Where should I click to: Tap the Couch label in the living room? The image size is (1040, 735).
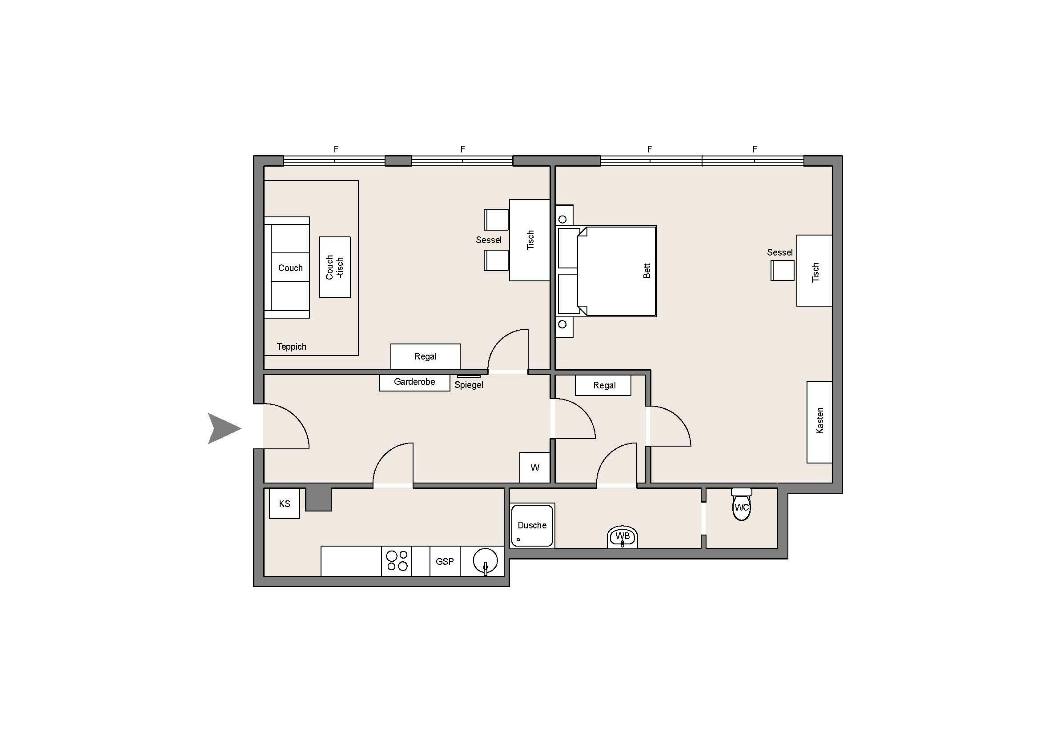[290, 268]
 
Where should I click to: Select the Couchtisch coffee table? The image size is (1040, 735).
[335, 267]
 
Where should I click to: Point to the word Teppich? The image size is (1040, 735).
[291, 347]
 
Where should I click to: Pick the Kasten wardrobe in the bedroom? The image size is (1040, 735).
[819, 422]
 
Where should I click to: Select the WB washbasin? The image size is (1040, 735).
[622, 537]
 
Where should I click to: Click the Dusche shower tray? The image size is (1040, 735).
[532, 525]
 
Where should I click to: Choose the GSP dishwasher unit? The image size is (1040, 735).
[445, 561]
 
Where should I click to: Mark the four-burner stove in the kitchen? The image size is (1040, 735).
[396, 561]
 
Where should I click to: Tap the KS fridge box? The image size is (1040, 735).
[285, 503]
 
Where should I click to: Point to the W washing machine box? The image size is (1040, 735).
[534, 467]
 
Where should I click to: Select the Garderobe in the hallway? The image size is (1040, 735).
[414, 383]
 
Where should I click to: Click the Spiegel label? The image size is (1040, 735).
[469, 385]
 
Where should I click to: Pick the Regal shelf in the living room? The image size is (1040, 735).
[426, 356]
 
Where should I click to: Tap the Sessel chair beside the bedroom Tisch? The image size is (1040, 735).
[782, 270]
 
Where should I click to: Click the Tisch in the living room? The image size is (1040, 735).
[530, 240]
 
